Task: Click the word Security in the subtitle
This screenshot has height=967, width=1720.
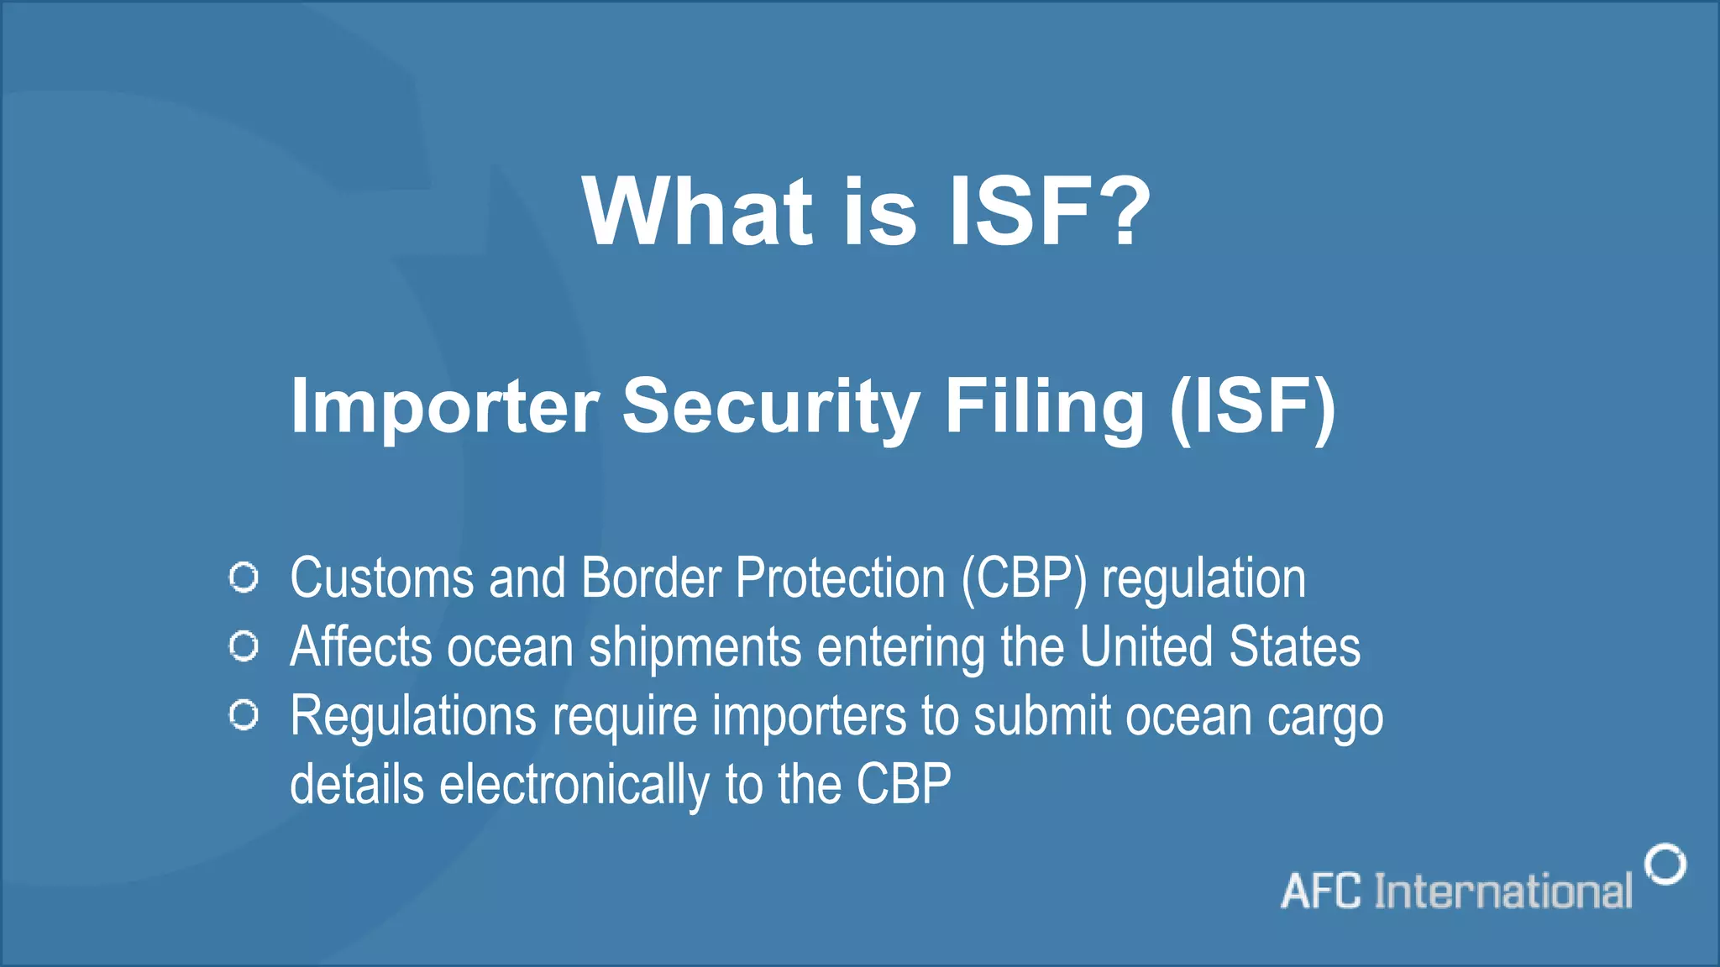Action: pyautogui.click(x=771, y=407)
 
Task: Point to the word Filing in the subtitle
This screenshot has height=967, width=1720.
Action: pyautogui.click(x=1045, y=407)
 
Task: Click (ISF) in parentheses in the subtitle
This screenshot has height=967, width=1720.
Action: pyautogui.click(x=1252, y=407)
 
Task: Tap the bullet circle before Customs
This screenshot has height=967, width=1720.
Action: pyautogui.click(x=244, y=578)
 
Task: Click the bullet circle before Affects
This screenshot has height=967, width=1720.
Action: pyautogui.click(x=244, y=646)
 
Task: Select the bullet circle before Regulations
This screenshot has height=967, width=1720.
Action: pyautogui.click(x=244, y=715)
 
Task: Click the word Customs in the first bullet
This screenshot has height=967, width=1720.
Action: pyautogui.click(x=382, y=579)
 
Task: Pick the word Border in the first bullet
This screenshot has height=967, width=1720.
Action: pyautogui.click(x=651, y=579)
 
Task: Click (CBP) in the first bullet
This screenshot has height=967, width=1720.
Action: pyautogui.click(x=1024, y=579)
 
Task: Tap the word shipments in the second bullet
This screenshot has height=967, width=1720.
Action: pyautogui.click(x=695, y=648)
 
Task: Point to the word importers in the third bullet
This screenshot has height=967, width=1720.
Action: pyautogui.click(x=810, y=717)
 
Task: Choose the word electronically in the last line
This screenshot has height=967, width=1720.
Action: pyautogui.click(x=574, y=786)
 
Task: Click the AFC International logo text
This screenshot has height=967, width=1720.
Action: pyautogui.click(x=1456, y=891)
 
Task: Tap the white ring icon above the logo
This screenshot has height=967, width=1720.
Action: pyautogui.click(x=1665, y=865)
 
